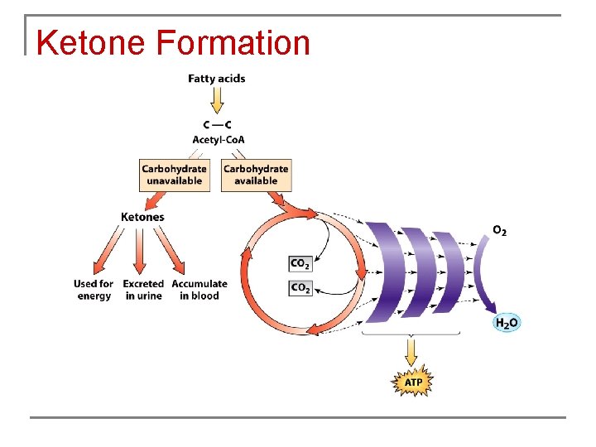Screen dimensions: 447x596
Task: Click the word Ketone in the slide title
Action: click(x=92, y=43)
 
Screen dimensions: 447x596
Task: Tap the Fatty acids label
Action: click(x=217, y=79)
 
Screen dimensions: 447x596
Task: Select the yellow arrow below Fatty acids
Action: click(x=217, y=99)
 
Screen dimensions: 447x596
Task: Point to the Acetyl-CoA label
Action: click(x=219, y=139)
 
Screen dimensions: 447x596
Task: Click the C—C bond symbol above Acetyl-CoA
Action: click(x=218, y=126)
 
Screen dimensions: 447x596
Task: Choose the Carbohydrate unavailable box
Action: click(x=174, y=175)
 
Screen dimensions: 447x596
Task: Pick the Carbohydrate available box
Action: click(x=256, y=175)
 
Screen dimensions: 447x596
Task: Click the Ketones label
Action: click(x=142, y=217)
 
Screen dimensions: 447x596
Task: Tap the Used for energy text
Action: click(x=94, y=290)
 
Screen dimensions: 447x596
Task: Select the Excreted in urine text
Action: click(x=143, y=290)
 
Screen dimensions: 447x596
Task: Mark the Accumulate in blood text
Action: click(x=199, y=290)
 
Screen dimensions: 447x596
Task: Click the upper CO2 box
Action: click(x=300, y=264)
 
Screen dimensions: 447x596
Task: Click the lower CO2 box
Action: click(x=300, y=288)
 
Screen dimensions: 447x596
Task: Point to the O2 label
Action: click(x=500, y=230)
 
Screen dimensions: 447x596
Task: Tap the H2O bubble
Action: click(x=507, y=323)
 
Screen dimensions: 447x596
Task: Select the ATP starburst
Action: click(x=411, y=383)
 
